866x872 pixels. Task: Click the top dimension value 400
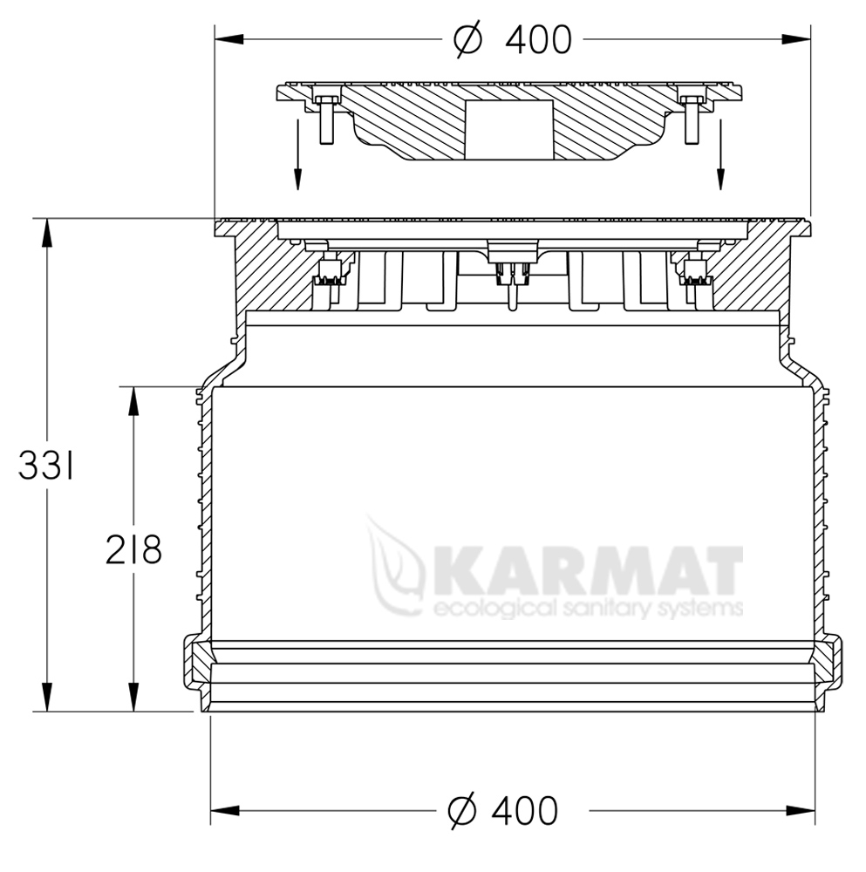point(538,40)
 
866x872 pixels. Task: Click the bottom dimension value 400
point(524,810)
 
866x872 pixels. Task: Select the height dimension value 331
point(45,466)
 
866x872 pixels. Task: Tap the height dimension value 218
point(134,549)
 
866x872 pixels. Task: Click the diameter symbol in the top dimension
point(467,40)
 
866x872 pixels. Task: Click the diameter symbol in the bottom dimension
point(462,811)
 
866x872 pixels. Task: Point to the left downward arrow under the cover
point(298,154)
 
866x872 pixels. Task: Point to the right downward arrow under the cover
point(721,154)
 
